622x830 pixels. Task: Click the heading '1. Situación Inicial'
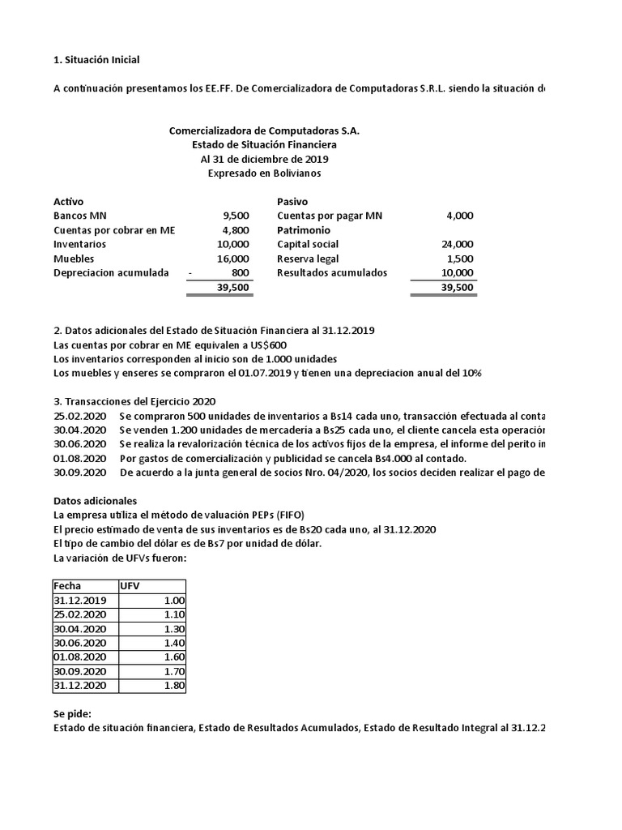point(96,59)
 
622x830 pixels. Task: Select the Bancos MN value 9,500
point(236,216)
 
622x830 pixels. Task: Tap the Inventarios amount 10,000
point(233,244)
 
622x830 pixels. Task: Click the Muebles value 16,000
point(233,259)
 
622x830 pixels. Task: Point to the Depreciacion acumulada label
point(111,273)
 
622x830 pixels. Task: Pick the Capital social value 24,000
point(459,244)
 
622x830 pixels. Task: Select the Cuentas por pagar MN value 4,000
point(462,216)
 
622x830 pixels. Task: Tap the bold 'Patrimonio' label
point(304,230)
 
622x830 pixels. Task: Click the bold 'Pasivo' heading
point(292,201)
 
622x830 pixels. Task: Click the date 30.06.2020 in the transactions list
point(79,444)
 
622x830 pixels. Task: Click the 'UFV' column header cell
point(130,586)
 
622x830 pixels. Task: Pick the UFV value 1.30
point(174,629)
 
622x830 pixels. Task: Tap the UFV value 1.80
point(174,686)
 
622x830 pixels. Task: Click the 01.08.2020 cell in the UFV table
point(79,657)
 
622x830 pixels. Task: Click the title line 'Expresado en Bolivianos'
point(264,173)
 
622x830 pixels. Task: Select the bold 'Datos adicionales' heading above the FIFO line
point(96,501)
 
